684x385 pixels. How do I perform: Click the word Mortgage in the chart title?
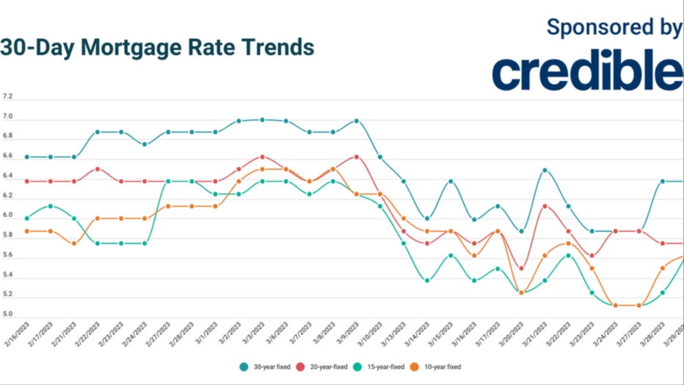tap(134, 47)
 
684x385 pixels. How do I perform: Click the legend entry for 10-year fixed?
tap(438, 366)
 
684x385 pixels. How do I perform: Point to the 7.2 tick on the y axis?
tap(7, 97)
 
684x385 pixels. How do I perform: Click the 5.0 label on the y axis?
tap(7, 314)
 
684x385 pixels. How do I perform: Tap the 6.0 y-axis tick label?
tap(7, 215)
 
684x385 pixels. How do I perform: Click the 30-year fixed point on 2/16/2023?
tap(27, 156)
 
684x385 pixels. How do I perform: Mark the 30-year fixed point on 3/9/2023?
tap(357, 120)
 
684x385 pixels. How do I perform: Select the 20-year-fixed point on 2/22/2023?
tap(98, 169)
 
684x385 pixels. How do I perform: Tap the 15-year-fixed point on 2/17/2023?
tap(51, 206)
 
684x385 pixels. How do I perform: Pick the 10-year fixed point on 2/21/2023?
tap(74, 243)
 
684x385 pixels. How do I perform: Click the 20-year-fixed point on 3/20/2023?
tap(521, 268)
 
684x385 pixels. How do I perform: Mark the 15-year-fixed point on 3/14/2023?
tap(427, 280)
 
